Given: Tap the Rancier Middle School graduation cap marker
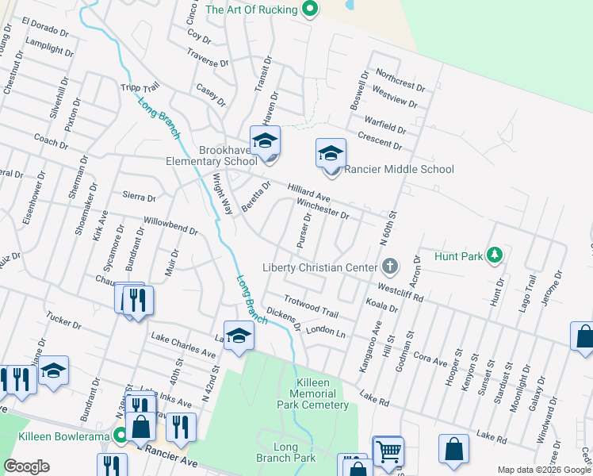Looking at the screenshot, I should click(331, 154).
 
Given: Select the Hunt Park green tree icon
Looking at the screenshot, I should click(495, 255).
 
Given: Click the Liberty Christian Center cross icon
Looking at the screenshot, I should click(389, 264).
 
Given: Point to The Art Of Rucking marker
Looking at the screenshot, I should click(310, 10).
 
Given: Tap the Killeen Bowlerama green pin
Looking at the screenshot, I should click(120, 434).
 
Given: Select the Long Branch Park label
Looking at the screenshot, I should click(285, 451).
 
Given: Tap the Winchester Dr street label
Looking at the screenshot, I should click(323, 209).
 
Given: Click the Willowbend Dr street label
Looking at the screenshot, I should click(170, 225).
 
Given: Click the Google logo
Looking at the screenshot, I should click(26, 466).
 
